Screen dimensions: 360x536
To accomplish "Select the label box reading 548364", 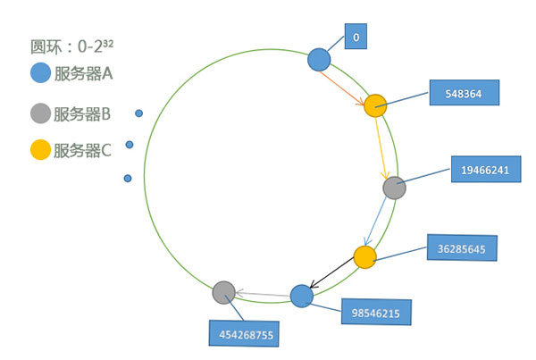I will (x=462, y=92).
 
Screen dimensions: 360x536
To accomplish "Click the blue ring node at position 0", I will (x=319, y=60).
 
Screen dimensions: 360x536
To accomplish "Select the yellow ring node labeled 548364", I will (x=374, y=105).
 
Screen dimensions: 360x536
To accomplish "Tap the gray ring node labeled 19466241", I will (x=394, y=188).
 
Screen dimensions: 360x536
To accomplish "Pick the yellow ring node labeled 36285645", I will (x=364, y=257).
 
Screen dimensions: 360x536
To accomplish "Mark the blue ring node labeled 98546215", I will (x=302, y=296).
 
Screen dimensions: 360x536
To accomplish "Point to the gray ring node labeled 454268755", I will (x=223, y=292).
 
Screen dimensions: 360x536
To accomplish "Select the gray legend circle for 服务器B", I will (x=40, y=113).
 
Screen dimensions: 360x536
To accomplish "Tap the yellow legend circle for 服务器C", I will (x=40, y=151).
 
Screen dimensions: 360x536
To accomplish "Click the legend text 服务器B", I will (x=82, y=113).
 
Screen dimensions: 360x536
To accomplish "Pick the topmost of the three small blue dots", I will (x=138, y=113).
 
